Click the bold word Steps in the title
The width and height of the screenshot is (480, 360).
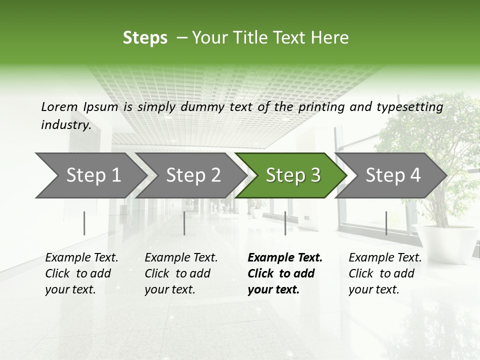point(145,38)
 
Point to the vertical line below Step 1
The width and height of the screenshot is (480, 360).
point(84,223)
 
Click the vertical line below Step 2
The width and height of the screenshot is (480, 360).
point(184,223)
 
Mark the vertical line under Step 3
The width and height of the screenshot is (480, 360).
point(285,223)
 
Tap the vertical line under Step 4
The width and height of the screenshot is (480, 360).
point(386,223)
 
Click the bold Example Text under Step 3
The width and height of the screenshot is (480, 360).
point(285,258)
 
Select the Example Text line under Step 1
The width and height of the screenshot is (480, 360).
point(81,258)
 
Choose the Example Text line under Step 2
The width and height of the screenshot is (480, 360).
point(181,258)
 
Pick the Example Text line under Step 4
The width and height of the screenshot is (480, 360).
point(385,258)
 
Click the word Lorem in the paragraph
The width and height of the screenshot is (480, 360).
point(59,107)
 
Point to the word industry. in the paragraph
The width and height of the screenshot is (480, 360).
point(66,125)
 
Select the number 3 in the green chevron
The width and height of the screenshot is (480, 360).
point(315,175)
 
